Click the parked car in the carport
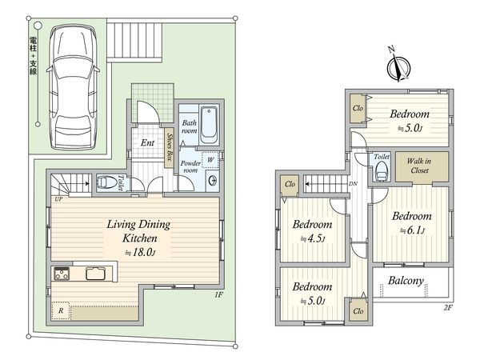73,87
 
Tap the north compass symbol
398,66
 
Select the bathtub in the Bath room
209,125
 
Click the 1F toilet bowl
105,182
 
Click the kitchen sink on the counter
95,274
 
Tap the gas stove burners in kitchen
62,274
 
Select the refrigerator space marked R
61,310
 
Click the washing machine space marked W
210,160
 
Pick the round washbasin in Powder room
213,181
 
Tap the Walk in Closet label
419,166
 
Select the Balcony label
406,281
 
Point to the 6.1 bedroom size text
413,230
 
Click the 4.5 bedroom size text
312,238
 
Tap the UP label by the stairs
58,199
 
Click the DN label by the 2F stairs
353,184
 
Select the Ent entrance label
147,142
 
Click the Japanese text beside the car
33,55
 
